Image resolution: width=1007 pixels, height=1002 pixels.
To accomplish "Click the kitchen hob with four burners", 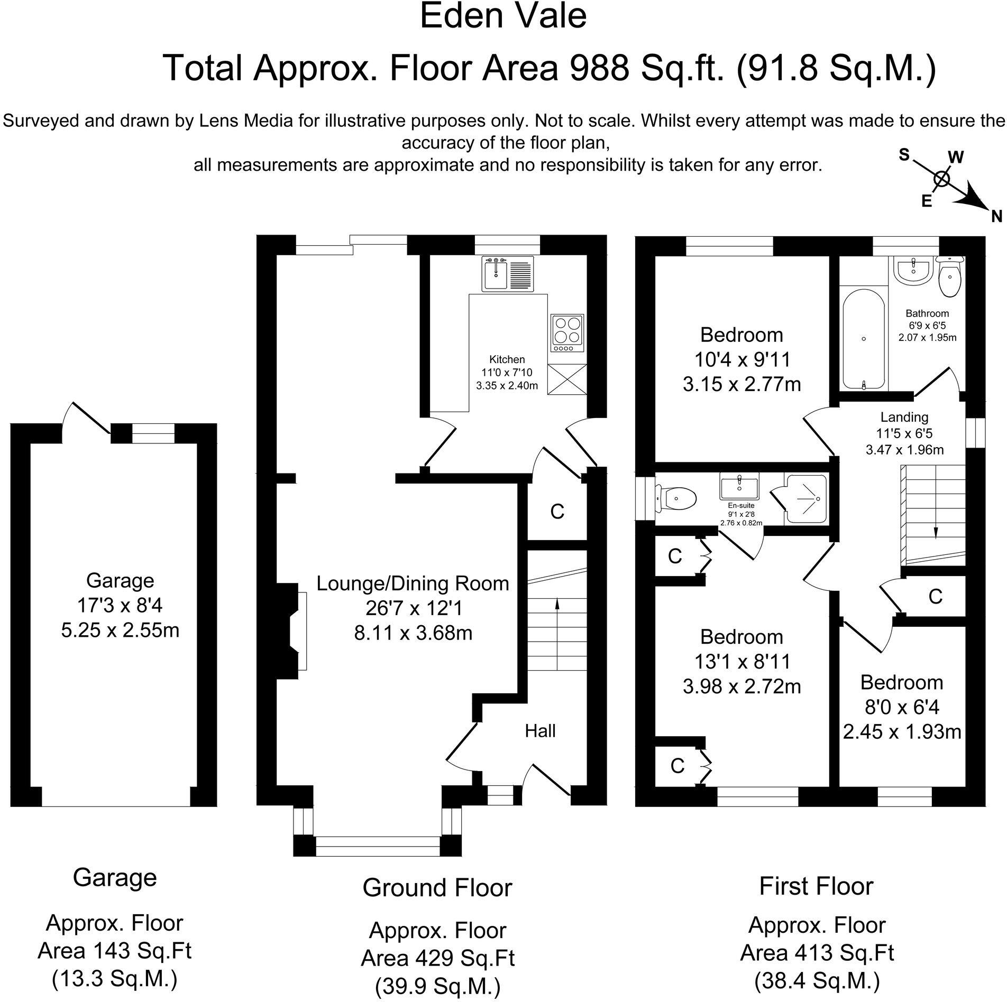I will (x=567, y=333).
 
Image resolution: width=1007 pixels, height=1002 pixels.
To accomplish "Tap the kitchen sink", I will (x=496, y=273).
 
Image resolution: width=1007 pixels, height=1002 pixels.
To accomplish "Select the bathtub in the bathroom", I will (x=863, y=346).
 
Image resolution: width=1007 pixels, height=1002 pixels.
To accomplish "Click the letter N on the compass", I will (x=996, y=216).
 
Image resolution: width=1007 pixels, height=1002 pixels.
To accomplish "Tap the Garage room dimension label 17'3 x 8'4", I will (x=120, y=606).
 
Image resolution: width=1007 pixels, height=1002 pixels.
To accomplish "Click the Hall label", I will (x=540, y=731).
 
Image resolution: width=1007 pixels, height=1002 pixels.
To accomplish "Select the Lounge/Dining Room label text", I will (x=413, y=583).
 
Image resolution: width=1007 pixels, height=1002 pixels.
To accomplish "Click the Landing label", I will (x=904, y=418).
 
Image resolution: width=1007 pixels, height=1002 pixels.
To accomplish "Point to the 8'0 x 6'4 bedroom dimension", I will (x=902, y=707).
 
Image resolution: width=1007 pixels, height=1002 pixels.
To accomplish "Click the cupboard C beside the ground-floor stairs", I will (x=557, y=512).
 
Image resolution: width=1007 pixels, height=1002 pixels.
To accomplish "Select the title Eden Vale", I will (x=503, y=17).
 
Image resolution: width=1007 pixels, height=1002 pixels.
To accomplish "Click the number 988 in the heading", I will (x=596, y=68).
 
